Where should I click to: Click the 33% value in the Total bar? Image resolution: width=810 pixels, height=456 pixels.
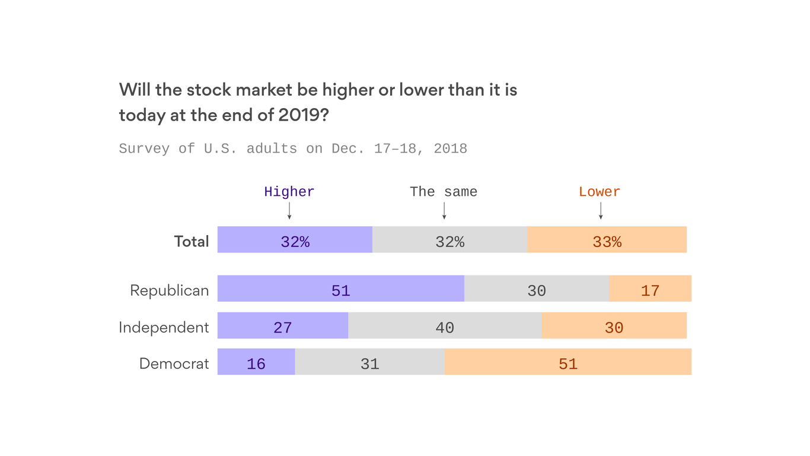(607, 242)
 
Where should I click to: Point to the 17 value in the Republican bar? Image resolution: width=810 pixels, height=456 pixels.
(650, 290)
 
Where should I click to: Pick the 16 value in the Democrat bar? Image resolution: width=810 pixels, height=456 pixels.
(256, 363)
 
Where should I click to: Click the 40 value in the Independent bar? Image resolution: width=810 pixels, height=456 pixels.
(445, 327)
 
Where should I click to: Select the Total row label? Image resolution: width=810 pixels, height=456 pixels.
(191, 241)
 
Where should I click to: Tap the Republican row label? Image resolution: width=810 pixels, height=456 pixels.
(170, 290)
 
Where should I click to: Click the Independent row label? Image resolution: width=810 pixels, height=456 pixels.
(164, 327)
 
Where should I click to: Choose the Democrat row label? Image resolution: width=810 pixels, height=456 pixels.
(174, 363)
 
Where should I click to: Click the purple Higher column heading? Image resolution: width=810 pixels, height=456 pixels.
(289, 192)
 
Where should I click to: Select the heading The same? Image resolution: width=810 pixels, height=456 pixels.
(444, 192)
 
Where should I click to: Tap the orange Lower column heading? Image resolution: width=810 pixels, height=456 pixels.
(599, 192)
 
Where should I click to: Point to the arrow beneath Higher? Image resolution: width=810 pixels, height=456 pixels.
(289, 211)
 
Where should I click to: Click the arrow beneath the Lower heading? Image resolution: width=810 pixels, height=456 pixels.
(601, 211)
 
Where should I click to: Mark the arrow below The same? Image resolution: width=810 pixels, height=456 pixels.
(444, 211)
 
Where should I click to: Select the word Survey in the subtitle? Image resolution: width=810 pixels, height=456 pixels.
(144, 148)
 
